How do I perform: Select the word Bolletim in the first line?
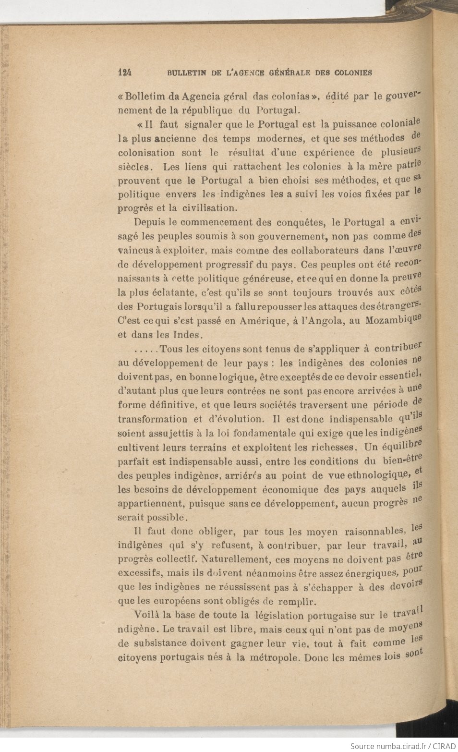coord(143,95)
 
